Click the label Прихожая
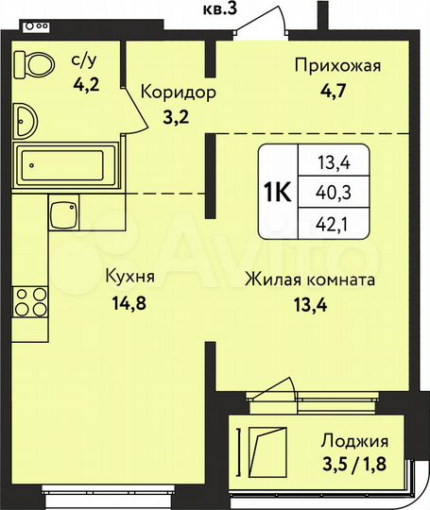coord(336,65)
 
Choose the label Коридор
coord(180,93)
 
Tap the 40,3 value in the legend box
coord(329,193)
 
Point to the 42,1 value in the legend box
coord(329,224)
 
